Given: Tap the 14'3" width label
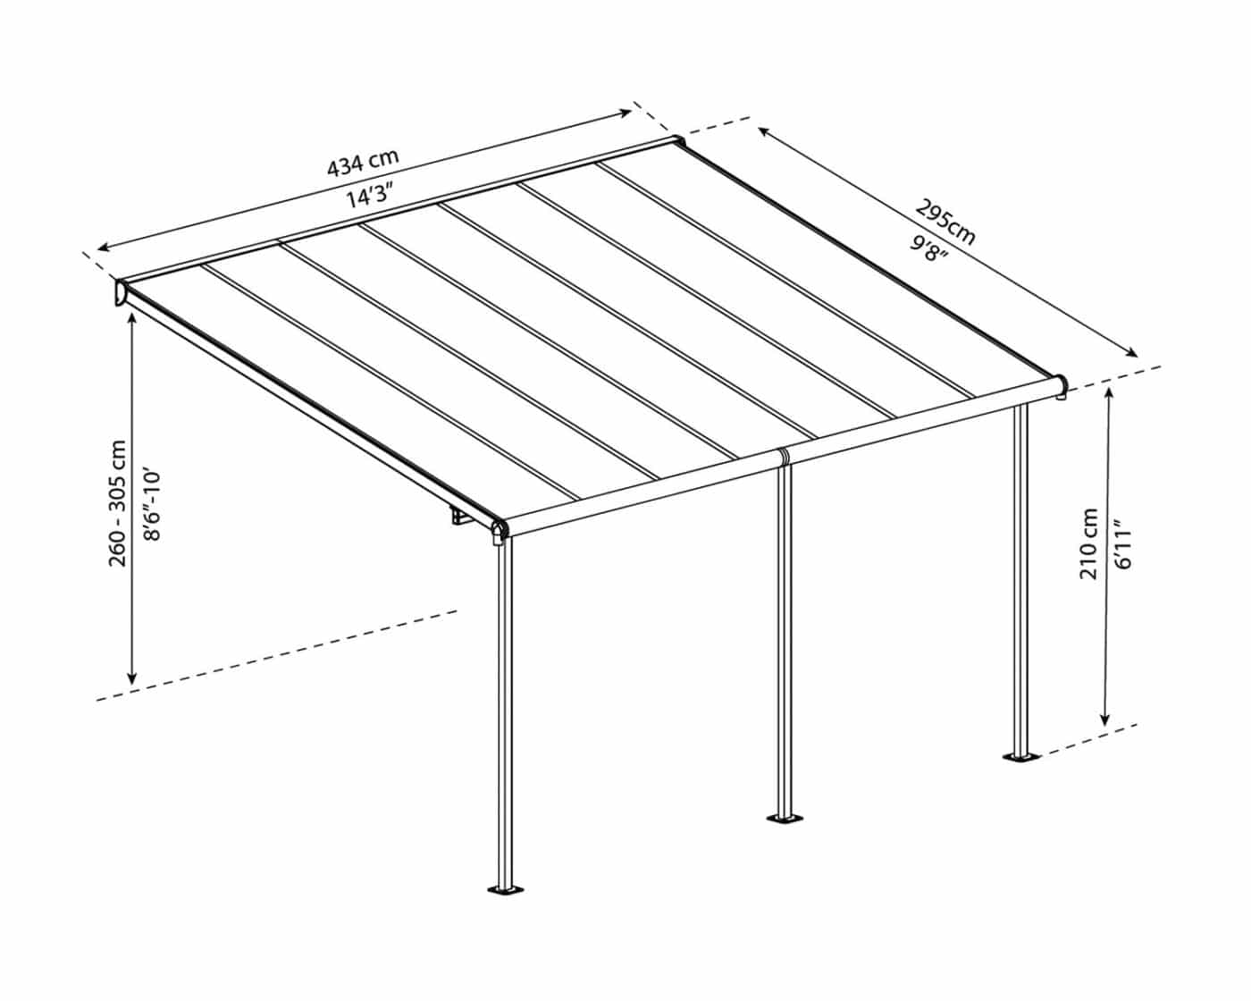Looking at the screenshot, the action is coord(370,195).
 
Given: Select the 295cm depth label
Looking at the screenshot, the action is coord(945,223).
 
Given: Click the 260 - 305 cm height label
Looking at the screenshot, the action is coord(117,503).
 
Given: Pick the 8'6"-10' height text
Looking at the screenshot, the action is coord(152,505).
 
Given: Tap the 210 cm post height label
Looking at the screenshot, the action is coord(1088,543).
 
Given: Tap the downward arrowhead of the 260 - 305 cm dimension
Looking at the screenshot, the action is coord(132,677).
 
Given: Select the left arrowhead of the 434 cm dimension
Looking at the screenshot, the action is coord(105,248).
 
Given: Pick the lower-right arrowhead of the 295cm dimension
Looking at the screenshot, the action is coord(1132,352).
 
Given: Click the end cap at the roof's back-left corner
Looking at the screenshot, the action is coord(122,292).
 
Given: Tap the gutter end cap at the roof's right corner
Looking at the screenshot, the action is coord(1062,387).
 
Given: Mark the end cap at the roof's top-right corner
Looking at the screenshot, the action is coord(677,141).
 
